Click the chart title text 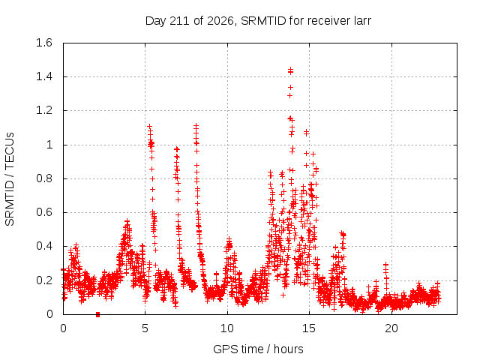point(258,21)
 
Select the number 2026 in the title point(220,21)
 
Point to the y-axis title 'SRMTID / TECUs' point(10,179)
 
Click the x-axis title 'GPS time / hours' point(258,349)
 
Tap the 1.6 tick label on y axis point(44,43)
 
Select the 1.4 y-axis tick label point(44,76)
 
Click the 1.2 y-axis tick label point(44,110)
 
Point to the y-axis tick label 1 point(49,145)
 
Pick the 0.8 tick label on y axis point(44,178)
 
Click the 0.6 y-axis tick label point(44,212)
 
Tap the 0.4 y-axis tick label point(44,246)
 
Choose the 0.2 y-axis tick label point(44,280)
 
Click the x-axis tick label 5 point(145,328)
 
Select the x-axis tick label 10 point(227,328)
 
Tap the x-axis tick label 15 point(309,328)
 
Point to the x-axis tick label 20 point(391,328)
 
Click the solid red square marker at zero point(97,314)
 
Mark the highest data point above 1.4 point(290,70)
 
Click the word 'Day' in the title point(155,21)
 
